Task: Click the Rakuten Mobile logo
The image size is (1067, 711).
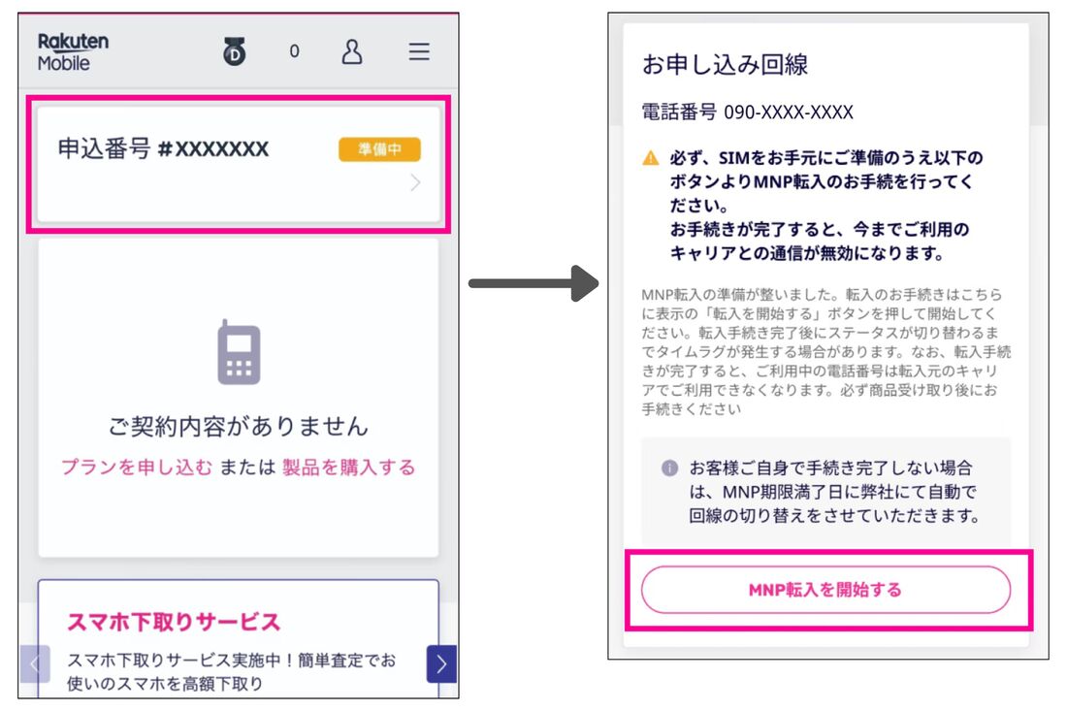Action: [x=73, y=52]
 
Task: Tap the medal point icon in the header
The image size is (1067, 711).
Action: [x=235, y=52]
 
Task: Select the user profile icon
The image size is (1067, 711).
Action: [x=352, y=52]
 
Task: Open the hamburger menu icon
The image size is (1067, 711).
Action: [x=418, y=52]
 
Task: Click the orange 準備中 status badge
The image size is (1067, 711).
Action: [x=379, y=149]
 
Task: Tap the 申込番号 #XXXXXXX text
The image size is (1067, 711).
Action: [x=163, y=149]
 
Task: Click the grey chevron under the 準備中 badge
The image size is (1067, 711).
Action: [x=415, y=182]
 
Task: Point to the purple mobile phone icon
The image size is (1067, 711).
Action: [x=239, y=352]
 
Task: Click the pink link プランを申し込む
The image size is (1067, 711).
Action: [x=136, y=468]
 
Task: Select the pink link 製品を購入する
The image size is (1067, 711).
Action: [x=348, y=468]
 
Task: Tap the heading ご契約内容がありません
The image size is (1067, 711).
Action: [x=239, y=426]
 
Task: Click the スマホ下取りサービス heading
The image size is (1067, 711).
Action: [x=174, y=622]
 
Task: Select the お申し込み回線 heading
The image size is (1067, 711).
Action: [x=725, y=65]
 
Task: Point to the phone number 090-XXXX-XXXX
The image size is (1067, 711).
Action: [x=788, y=113]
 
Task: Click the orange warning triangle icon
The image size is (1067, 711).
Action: [x=651, y=158]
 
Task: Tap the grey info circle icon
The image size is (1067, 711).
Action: [x=669, y=468]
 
